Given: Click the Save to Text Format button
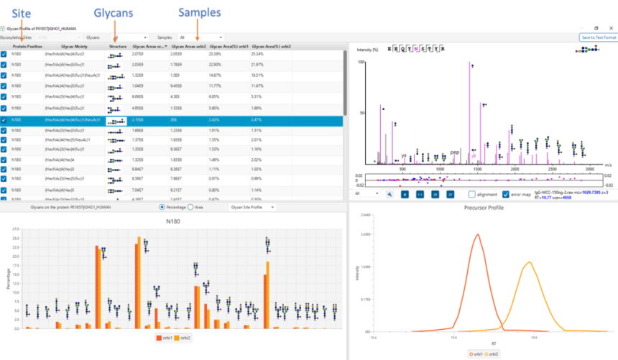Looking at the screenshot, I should coord(597,37).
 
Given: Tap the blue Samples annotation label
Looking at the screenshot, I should coord(200,13).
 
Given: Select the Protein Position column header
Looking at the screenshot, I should coord(27,46).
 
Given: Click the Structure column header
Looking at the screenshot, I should coord(117,46).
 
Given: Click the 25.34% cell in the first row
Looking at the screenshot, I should coord(258,54).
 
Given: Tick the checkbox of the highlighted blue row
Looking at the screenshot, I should coord(4,120).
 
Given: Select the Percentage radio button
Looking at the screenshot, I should coord(162,207).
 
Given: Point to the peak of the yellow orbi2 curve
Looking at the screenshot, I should coord(528,262).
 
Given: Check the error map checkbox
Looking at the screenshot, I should coord(506,194).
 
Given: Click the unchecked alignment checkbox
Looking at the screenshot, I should coord(471,194).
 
